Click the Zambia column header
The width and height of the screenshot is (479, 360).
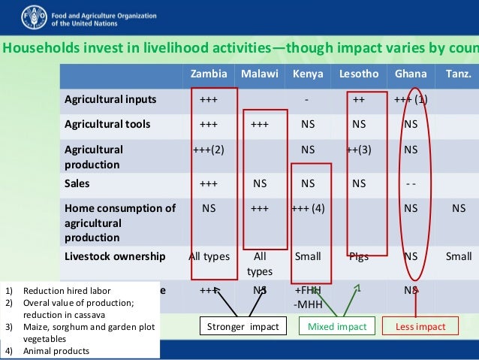209,74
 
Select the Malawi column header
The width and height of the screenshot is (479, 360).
260,74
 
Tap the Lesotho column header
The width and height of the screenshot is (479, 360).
359,74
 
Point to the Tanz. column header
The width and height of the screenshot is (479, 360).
459,74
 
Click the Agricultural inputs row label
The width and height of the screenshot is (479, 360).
110,99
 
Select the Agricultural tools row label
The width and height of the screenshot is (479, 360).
107,124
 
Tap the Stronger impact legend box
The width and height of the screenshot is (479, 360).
243,326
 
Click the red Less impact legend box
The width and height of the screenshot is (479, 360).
420,326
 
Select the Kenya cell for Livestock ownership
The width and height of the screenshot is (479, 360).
308,256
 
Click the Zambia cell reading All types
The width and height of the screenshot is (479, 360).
209,256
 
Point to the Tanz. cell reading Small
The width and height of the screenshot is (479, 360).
459,256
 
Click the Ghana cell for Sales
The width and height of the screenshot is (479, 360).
411,183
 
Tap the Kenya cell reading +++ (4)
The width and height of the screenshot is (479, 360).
308,208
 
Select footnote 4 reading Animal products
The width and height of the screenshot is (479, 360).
56,351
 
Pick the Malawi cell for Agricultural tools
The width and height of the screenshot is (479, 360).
260,124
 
